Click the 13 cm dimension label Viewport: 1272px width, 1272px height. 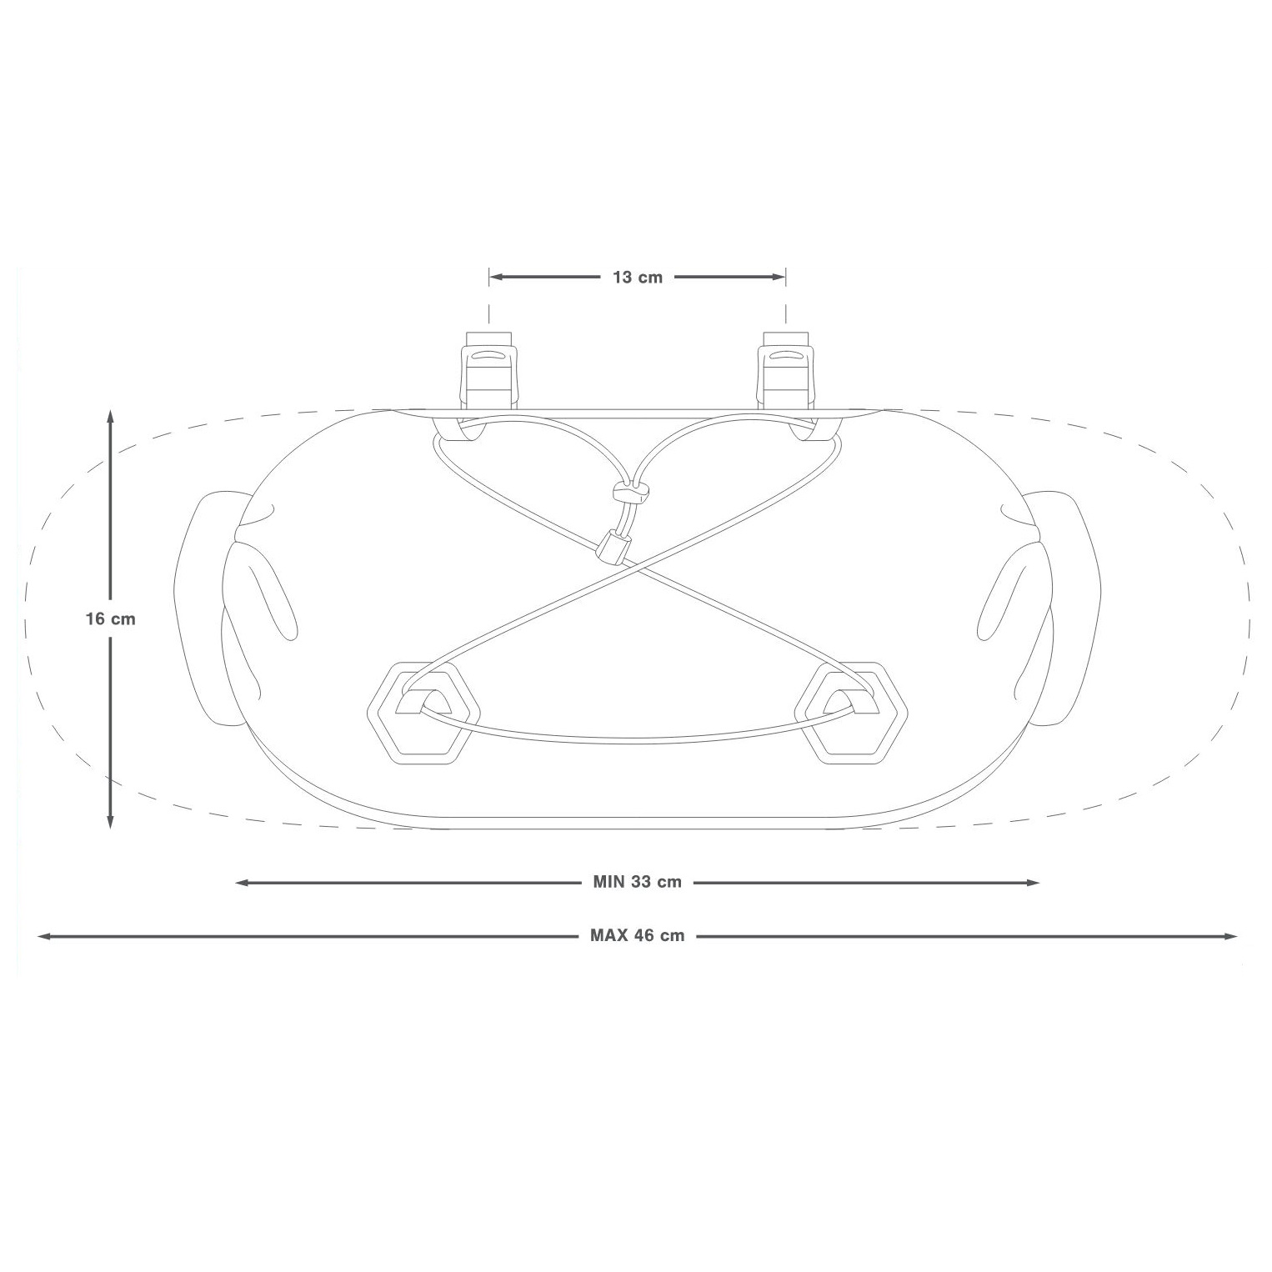coord(638,278)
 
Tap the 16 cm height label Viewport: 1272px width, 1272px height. coord(110,619)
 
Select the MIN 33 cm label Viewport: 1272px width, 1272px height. coord(638,882)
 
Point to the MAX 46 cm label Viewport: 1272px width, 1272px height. coord(638,935)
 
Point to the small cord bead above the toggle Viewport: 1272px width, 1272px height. coord(629,493)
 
